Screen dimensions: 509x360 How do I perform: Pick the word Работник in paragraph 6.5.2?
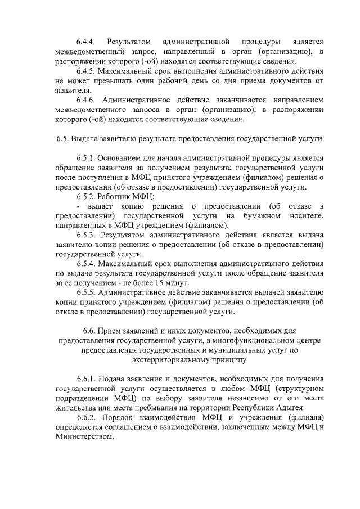(x=112, y=196)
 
